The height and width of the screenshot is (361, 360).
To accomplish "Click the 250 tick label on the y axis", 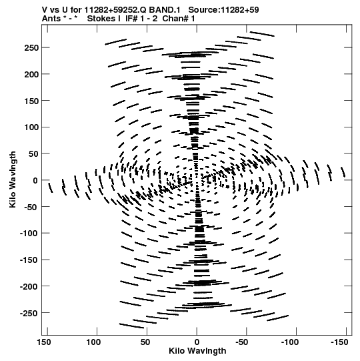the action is [x=31, y=48].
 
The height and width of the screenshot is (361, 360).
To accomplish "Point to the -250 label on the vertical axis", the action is [x=29, y=313].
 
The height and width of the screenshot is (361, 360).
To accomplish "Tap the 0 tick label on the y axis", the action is [x=35, y=180].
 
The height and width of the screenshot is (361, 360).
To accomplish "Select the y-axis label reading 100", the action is [x=31, y=127].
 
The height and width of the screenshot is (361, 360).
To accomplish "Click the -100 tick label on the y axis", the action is [x=29, y=234].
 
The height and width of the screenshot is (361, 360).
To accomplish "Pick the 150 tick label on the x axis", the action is [x=44, y=342].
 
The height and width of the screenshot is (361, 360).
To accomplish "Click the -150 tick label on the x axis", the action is [x=339, y=342].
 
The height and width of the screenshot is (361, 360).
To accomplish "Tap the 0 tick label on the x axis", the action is [x=197, y=342].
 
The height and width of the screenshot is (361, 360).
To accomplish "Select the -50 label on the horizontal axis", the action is [x=242, y=342].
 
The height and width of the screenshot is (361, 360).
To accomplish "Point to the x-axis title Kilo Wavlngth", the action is [x=197, y=351].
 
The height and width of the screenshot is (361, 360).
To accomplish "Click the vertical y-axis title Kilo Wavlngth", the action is [x=13, y=179].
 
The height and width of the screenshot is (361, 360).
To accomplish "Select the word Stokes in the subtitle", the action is [x=101, y=19].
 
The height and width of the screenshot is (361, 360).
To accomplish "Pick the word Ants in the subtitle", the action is [x=51, y=19].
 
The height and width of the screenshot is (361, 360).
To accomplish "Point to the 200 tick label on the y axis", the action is [x=31, y=74].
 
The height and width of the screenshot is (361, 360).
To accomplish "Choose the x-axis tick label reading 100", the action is [x=93, y=342].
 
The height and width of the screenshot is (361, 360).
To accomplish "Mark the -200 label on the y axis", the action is [x=29, y=287].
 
